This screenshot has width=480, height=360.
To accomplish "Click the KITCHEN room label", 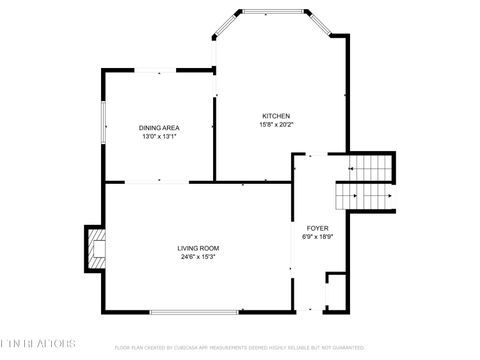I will click(x=276, y=116).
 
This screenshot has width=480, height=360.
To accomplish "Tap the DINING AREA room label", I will click(x=159, y=128).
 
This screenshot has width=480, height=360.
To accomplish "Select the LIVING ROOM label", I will click(x=198, y=248).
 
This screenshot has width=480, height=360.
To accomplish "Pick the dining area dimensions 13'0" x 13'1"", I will click(x=159, y=137).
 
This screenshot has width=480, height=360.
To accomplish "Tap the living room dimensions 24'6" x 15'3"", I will click(x=198, y=257).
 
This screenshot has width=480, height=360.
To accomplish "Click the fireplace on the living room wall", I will click(x=95, y=249).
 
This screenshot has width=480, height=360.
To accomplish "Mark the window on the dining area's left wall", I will click(x=103, y=125).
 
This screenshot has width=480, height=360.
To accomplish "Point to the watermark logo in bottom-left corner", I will click(x=38, y=347).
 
